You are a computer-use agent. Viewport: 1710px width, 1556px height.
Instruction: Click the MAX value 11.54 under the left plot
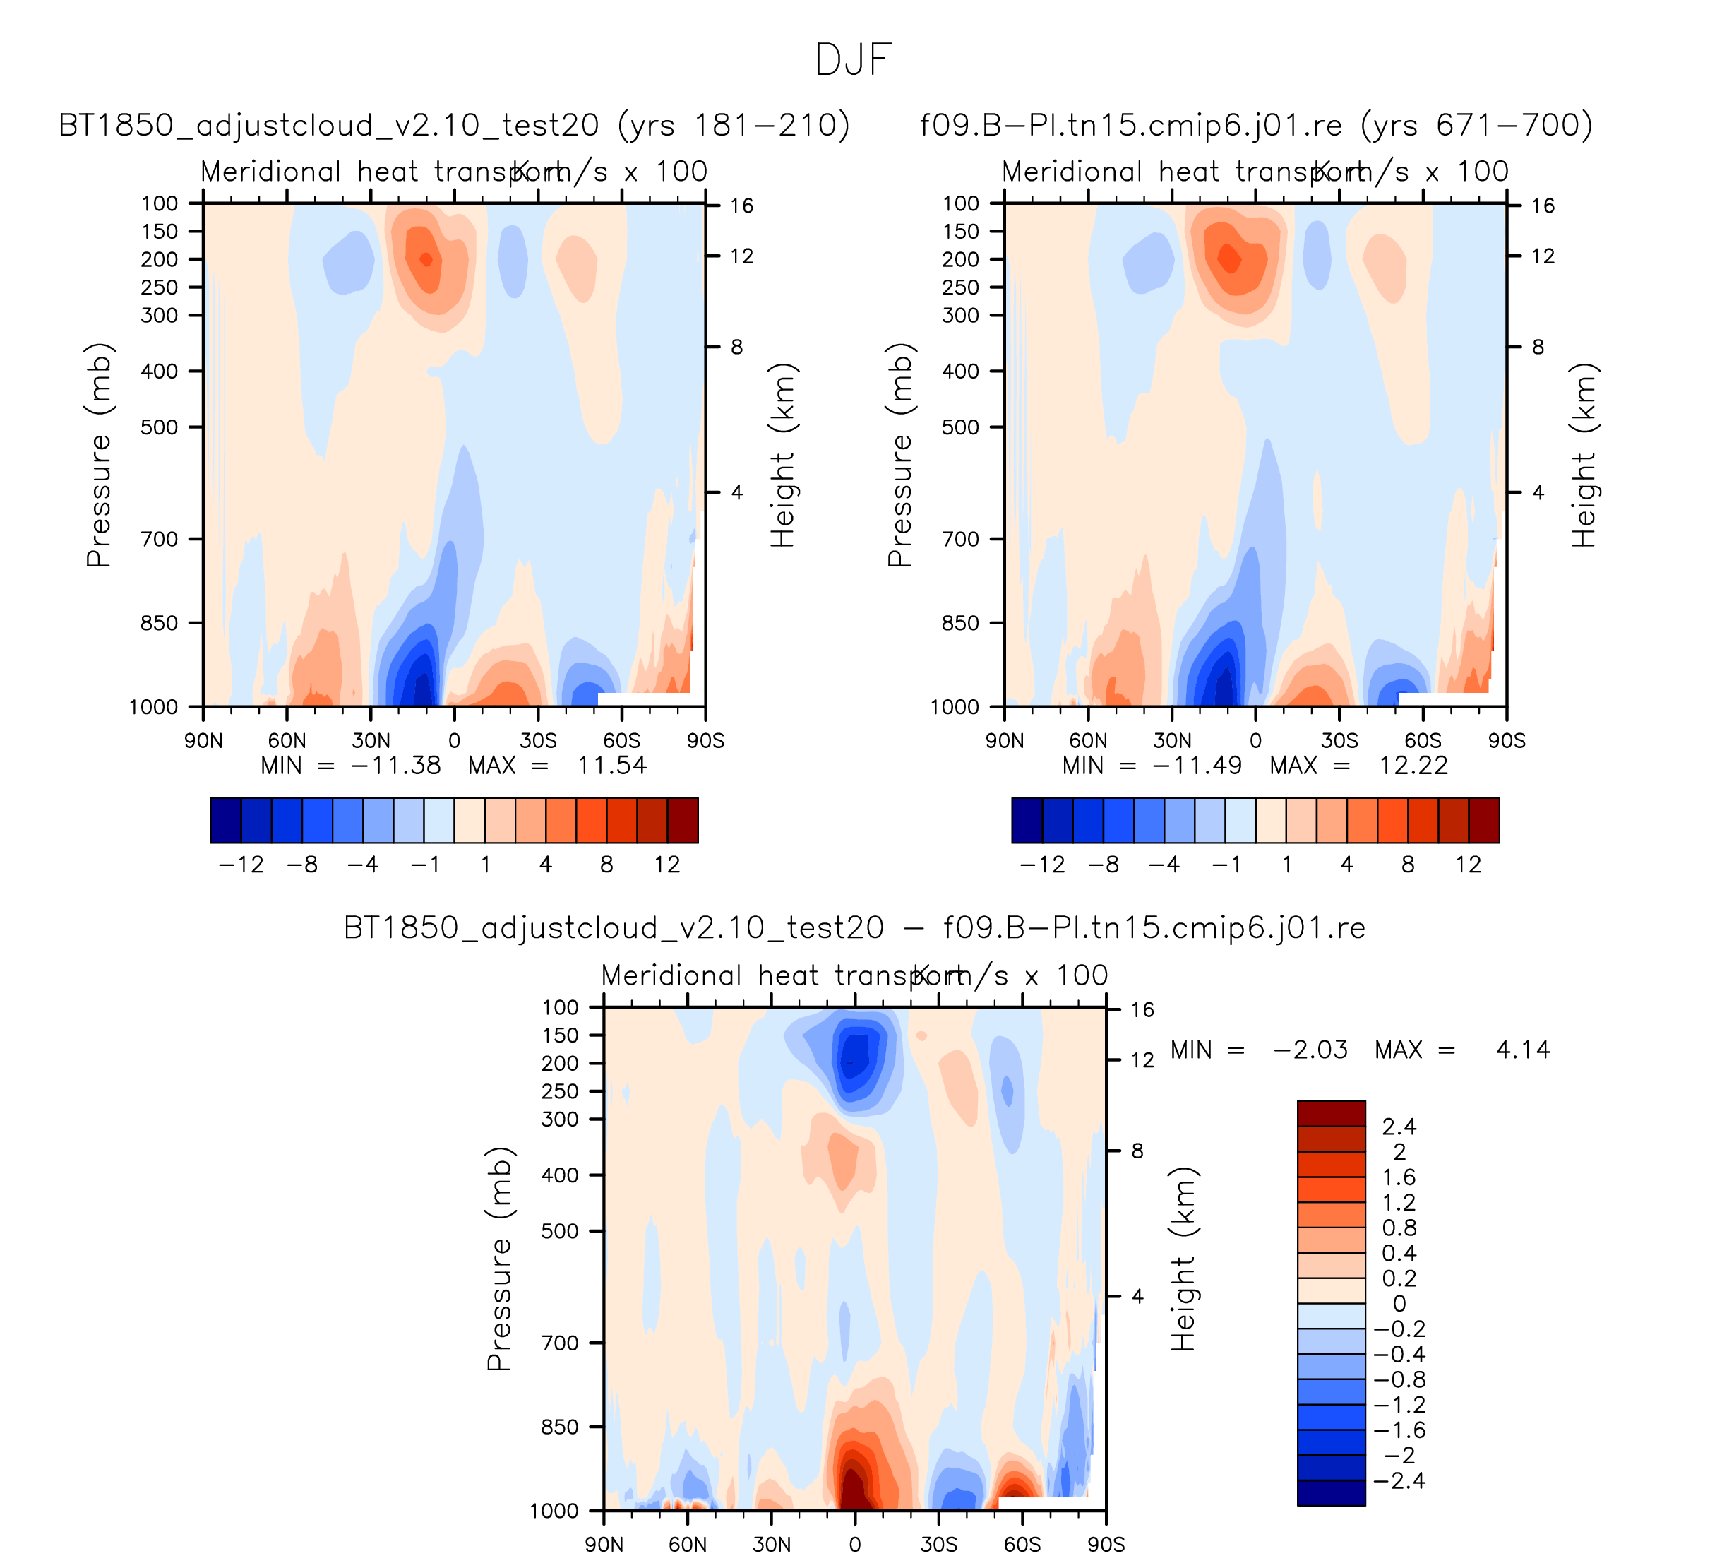(x=611, y=766)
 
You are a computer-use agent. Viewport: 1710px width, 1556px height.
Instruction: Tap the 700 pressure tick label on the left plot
(x=160, y=540)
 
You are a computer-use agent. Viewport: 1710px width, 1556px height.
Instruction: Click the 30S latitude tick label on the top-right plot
(x=1339, y=742)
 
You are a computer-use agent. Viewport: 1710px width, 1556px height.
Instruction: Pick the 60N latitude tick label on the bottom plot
(x=687, y=1545)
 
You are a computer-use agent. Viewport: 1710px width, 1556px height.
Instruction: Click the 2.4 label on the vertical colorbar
(x=1399, y=1127)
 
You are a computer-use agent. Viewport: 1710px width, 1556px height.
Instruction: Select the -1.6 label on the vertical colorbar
(x=1399, y=1430)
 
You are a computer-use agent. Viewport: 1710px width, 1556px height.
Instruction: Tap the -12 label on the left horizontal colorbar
(x=241, y=865)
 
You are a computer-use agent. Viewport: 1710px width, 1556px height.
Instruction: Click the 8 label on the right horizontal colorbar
(x=1408, y=865)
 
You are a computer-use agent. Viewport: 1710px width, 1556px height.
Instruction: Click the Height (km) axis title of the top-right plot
(x=1584, y=456)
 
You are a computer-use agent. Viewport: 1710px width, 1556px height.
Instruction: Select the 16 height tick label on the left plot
(x=741, y=206)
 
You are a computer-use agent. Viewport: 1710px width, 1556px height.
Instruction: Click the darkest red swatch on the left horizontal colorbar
(x=683, y=821)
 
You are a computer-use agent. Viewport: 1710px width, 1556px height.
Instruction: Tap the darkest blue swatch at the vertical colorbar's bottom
(x=1331, y=1493)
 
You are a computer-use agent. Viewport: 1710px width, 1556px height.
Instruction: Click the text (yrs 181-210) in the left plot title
(x=733, y=126)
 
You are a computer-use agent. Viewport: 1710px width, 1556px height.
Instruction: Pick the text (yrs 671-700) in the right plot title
(x=1476, y=126)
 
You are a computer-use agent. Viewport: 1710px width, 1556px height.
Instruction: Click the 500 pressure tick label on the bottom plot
(x=560, y=1231)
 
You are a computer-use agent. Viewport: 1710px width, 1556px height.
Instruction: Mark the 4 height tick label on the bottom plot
(x=1137, y=1296)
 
